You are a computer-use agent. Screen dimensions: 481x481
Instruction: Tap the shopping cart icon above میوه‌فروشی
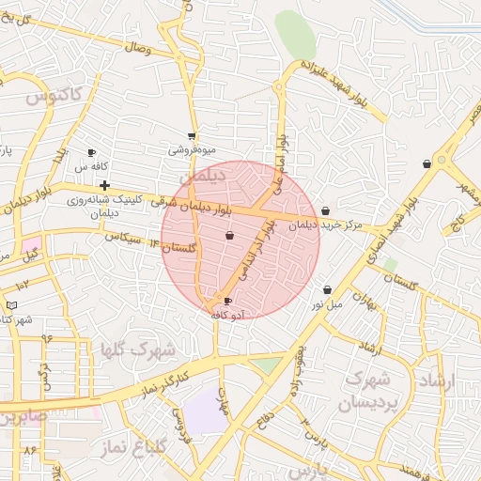(x=192, y=136)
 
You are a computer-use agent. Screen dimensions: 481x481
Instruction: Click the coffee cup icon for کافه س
(x=91, y=152)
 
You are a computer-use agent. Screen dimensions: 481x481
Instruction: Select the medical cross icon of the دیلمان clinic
(x=103, y=185)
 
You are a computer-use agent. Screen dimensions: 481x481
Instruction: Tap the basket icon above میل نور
(x=327, y=290)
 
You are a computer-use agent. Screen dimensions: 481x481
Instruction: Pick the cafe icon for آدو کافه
(x=227, y=302)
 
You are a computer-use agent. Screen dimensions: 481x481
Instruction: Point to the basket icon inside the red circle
(x=230, y=236)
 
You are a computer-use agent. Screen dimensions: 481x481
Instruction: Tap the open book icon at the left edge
(x=10, y=305)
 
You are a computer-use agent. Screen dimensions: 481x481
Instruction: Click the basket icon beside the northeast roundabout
(x=427, y=164)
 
